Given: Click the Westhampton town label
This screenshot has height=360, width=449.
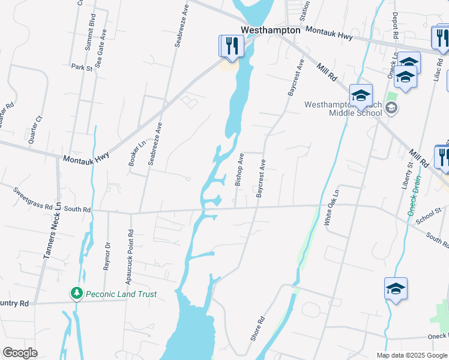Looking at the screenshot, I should (x=270, y=30).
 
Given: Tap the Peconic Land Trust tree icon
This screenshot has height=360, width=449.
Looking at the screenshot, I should (x=76, y=294).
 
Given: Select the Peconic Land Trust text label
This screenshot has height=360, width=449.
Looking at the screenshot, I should (x=121, y=294).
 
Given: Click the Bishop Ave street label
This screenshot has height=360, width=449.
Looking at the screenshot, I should (x=240, y=170).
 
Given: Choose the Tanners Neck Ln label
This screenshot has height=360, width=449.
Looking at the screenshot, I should (x=52, y=230).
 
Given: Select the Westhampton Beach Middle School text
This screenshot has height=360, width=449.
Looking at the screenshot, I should (x=343, y=109).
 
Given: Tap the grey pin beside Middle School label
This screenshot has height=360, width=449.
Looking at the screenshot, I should (x=391, y=108).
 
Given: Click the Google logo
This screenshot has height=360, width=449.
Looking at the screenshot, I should (x=20, y=353).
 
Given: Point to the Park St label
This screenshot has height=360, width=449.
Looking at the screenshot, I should (x=82, y=68).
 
